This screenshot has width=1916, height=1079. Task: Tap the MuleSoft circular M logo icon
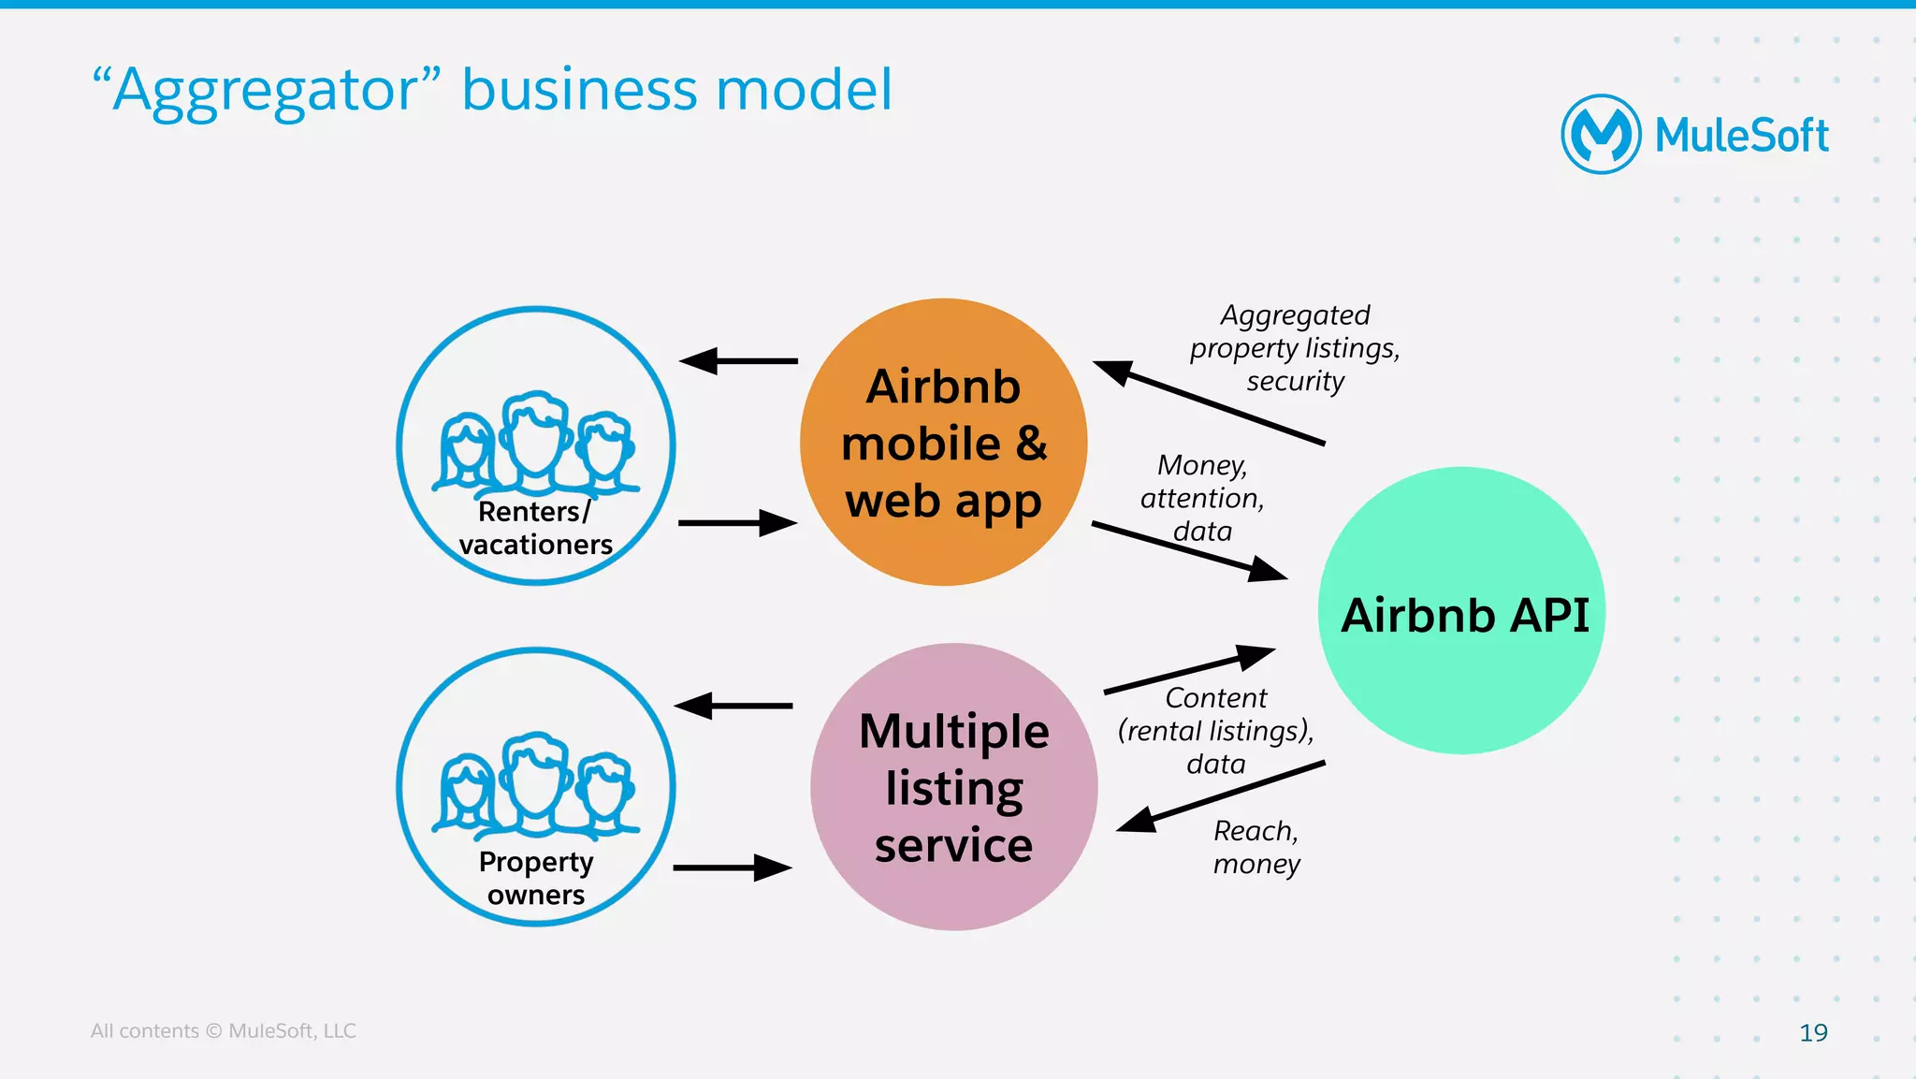click(x=1601, y=135)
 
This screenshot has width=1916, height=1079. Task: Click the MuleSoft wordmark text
click(x=1741, y=136)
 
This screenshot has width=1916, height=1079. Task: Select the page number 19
click(x=1813, y=1032)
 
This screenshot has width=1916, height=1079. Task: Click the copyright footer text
click(x=223, y=1030)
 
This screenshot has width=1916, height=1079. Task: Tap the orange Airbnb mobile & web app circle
click(x=943, y=442)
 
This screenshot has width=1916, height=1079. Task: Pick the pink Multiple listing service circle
click(x=953, y=787)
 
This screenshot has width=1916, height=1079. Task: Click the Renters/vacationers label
click(x=535, y=528)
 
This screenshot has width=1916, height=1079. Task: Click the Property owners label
click(x=535, y=878)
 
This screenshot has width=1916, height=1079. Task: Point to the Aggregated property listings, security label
click(x=1295, y=348)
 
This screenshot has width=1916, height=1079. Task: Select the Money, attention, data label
click(x=1202, y=498)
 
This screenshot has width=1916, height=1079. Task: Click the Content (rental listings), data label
click(x=1215, y=731)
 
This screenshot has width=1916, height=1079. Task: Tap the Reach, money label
click(x=1256, y=847)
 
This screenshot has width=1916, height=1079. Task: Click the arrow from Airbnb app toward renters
click(x=738, y=360)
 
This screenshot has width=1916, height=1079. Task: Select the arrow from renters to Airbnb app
click(x=738, y=523)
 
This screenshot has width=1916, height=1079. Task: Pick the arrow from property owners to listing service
click(x=733, y=868)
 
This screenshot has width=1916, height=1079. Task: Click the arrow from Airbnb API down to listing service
click(x=1221, y=796)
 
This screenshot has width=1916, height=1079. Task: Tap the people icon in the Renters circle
click(x=535, y=443)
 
